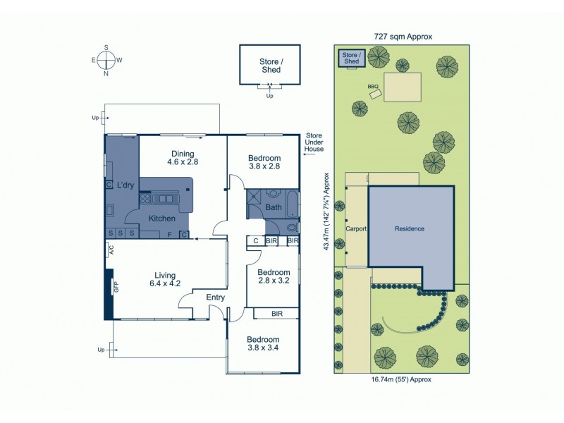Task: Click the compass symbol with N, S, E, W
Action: click(106, 60)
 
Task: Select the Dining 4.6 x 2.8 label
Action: click(183, 158)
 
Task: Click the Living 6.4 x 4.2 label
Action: click(166, 279)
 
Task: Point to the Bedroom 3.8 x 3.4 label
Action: click(263, 343)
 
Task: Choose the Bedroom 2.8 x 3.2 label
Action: click(274, 276)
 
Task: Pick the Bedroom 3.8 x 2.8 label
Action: click(264, 161)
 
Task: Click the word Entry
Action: click(215, 298)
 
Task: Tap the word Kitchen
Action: click(161, 219)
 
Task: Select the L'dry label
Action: click(125, 185)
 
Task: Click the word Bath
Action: click(273, 207)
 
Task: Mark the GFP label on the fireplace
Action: click(116, 287)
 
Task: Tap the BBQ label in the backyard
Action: click(374, 87)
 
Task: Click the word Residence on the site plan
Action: click(410, 228)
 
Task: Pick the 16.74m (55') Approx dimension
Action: click(401, 379)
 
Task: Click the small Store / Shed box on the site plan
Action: click(351, 59)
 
